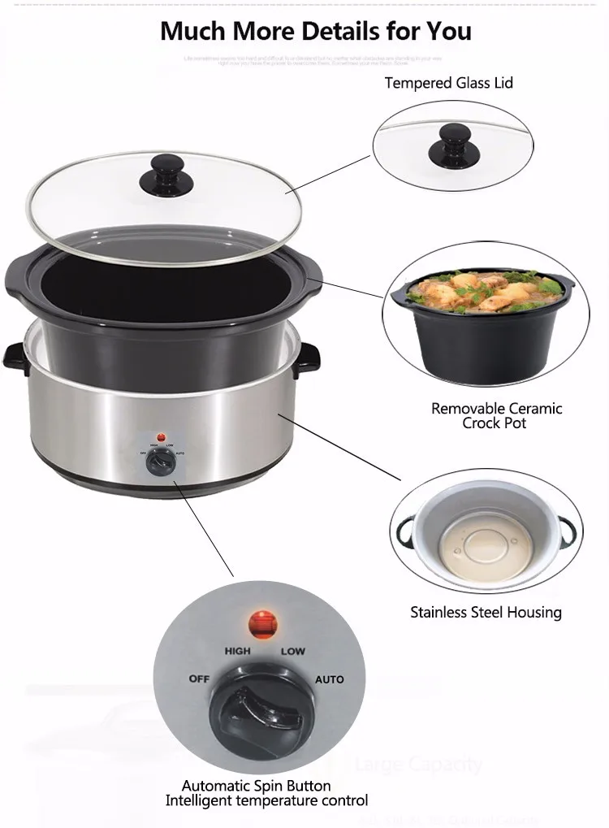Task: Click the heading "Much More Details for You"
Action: point(315,31)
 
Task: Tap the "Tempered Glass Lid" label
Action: point(448,83)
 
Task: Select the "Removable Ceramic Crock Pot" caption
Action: point(496,415)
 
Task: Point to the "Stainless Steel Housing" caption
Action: point(486,612)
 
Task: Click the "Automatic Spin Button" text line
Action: point(256,786)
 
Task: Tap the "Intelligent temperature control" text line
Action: point(266,800)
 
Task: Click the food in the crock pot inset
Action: point(483,293)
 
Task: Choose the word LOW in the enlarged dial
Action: point(293,652)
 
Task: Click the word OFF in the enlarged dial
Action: point(199,678)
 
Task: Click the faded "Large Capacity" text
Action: point(418,764)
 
